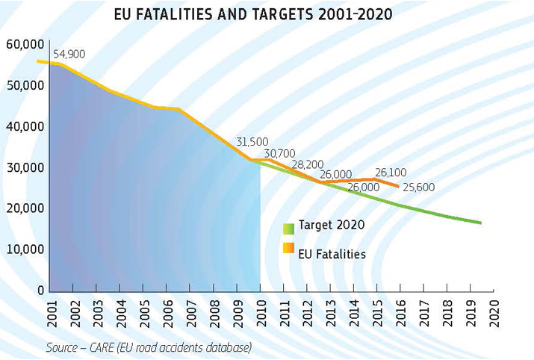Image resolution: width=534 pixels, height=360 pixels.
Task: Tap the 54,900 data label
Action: coord(70,55)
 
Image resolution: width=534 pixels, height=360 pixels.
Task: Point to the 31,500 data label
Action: coord(252,142)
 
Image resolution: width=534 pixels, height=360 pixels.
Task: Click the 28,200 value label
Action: coord(308,164)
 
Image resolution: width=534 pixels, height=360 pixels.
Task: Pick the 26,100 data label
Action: coord(391,173)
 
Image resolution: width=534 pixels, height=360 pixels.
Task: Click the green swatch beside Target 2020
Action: coord(288,229)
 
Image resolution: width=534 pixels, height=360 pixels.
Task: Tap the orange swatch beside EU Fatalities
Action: coord(288,248)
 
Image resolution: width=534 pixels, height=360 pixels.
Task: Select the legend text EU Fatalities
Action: coord(332,254)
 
